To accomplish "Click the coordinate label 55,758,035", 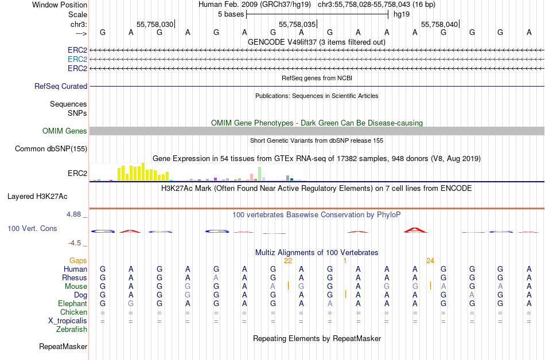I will (297, 25).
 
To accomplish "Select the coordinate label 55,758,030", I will (155, 25).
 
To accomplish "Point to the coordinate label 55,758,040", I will (439, 25).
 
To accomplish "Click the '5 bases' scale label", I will (231, 14).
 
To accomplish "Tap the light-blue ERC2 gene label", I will (77, 59).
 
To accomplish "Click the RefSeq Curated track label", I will (61, 86).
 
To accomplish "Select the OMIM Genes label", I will (65, 131).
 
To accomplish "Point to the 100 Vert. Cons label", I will (32, 228).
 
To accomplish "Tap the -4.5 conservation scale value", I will (76, 242).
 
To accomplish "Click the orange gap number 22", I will (288, 260).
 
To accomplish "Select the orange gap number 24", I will (430, 260).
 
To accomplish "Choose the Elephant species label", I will (72, 303).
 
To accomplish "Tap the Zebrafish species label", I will (72, 329).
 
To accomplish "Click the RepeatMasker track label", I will (63, 346).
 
